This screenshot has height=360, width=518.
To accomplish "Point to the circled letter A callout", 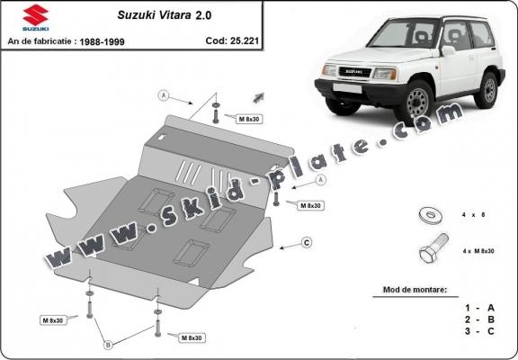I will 165,94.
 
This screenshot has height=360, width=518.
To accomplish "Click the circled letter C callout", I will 306,242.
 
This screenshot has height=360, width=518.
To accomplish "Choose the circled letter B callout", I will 109,344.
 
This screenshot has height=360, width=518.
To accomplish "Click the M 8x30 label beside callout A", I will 249,119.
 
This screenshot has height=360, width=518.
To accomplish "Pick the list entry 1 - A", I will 479,307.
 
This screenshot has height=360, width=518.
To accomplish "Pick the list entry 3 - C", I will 479,330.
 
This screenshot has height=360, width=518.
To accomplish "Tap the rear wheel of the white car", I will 488,88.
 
